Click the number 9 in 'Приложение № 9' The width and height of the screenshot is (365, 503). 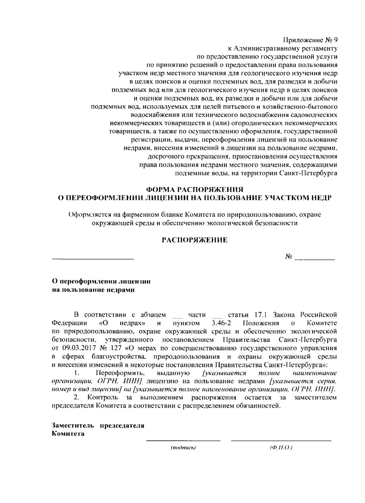tap(335, 40)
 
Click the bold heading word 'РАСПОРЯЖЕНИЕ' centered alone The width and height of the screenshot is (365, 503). tap(194, 240)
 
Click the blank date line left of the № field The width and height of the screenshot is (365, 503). tap(93, 259)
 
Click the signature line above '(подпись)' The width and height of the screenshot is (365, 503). tap(183, 440)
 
